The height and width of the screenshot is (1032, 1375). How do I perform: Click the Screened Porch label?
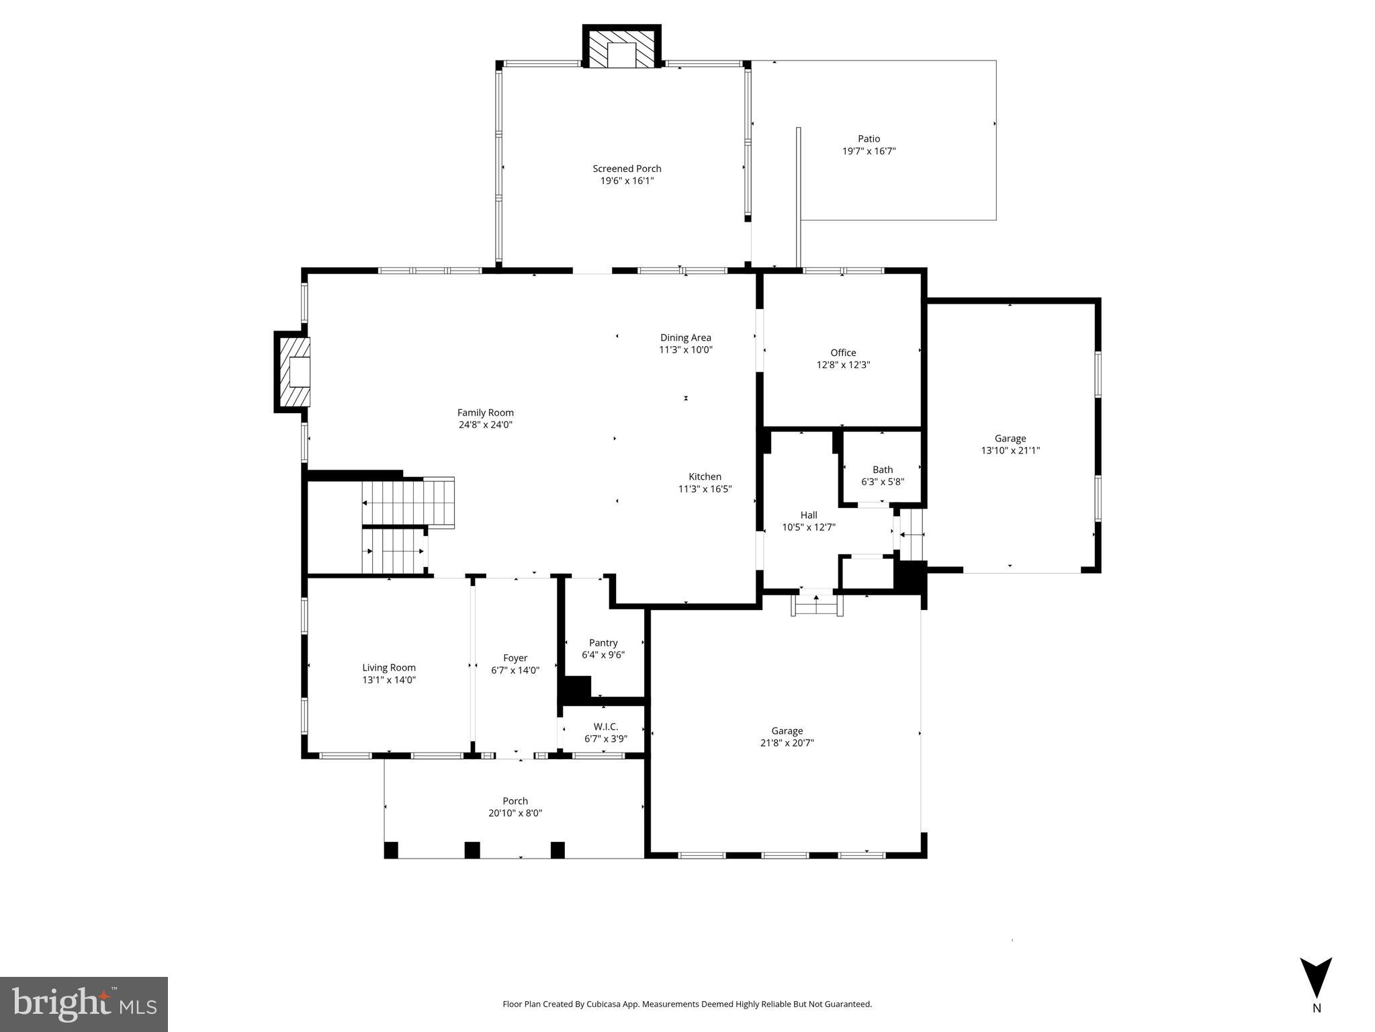point(627,169)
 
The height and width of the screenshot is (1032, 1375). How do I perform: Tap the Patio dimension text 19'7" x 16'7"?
point(869,152)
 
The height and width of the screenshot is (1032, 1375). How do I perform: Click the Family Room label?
point(485,413)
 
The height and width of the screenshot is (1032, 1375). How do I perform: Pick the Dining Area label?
point(685,338)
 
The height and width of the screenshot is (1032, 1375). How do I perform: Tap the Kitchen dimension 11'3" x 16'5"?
point(705,489)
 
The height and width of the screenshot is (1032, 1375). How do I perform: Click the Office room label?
point(843,353)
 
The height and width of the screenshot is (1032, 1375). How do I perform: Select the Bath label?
point(883,470)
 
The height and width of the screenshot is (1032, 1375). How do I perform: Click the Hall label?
point(809,515)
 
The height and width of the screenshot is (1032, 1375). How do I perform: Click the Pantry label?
point(603,643)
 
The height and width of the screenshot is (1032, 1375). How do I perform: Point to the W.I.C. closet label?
point(605,727)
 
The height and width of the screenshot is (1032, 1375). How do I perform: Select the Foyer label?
point(515,658)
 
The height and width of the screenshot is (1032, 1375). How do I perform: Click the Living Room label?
point(389,668)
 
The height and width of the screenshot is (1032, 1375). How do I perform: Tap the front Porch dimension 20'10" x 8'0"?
point(515,813)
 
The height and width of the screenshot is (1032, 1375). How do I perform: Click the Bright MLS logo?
point(83,1004)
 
